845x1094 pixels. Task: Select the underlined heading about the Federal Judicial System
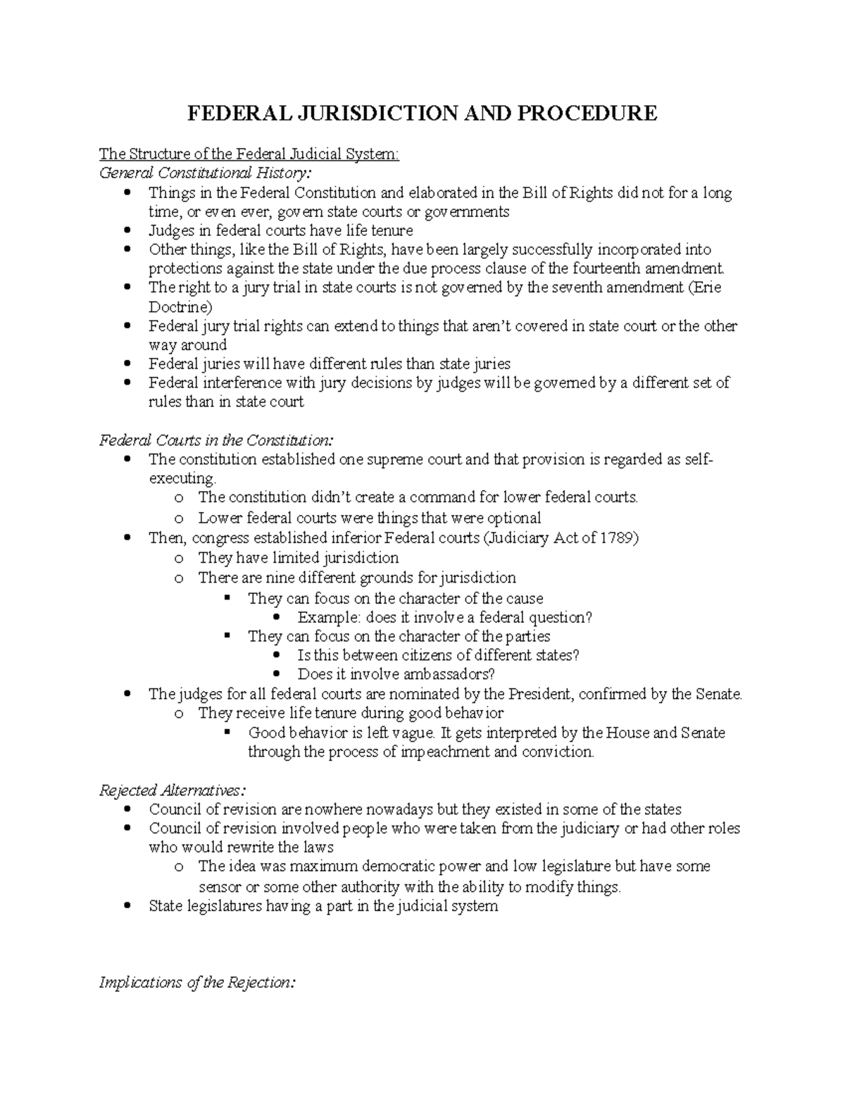[x=249, y=154]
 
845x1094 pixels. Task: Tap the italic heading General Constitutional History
[x=205, y=173]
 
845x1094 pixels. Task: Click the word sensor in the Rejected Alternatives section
[x=219, y=887]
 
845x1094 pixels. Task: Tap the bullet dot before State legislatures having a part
[x=127, y=907]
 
